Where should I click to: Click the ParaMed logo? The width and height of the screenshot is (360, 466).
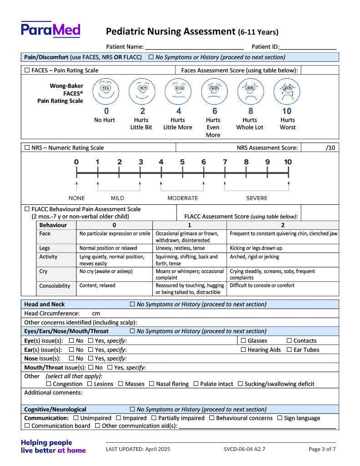(x=51, y=30)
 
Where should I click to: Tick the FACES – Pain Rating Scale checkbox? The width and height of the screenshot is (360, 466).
(x=27, y=71)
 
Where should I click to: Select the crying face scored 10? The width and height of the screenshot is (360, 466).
(x=287, y=91)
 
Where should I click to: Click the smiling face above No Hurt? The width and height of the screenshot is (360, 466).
(x=106, y=91)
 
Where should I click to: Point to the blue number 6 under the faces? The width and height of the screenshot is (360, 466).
(x=214, y=111)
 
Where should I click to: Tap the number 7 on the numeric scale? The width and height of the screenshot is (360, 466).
(x=225, y=162)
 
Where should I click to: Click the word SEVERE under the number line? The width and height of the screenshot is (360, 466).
(x=257, y=198)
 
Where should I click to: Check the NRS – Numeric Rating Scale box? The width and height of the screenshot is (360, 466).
(x=27, y=148)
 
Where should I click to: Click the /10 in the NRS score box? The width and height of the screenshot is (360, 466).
(x=330, y=148)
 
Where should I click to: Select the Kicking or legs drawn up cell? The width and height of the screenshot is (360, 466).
(x=256, y=248)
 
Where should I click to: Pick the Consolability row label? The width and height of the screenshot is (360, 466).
(x=55, y=286)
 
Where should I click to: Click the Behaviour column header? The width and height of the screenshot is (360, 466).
(x=53, y=225)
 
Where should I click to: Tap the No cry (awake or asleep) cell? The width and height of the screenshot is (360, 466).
(x=106, y=272)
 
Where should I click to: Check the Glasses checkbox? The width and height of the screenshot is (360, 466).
(x=243, y=341)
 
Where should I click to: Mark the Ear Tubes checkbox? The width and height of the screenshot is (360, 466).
(x=289, y=350)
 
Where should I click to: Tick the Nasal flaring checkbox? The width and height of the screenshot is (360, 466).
(x=152, y=384)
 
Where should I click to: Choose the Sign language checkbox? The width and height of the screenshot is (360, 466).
(x=279, y=418)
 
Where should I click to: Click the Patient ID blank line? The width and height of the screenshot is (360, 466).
(x=308, y=47)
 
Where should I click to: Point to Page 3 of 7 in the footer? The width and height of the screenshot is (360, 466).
(x=322, y=449)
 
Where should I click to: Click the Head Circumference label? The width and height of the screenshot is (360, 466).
(x=51, y=314)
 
